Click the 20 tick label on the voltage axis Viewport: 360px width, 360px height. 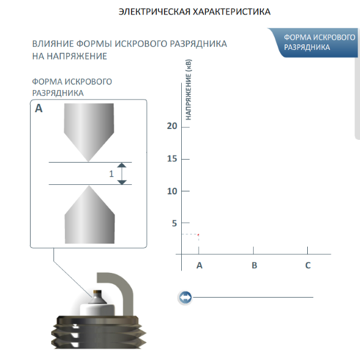pyautogui.click(x=172, y=126)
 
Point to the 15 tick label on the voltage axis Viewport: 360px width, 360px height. pyautogui.click(x=172, y=158)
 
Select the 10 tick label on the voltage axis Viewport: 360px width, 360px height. pyautogui.click(x=172, y=191)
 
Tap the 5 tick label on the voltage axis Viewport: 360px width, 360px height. pyautogui.click(x=174, y=223)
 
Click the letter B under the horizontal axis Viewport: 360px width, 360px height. pyautogui.click(x=254, y=265)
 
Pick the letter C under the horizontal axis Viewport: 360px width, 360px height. pyautogui.click(x=308, y=265)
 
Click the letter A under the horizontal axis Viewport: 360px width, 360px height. pyautogui.click(x=199, y=265)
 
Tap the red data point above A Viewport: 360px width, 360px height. pyautogui.click(x=198, y=235)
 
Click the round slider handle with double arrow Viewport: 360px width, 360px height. pyautogui.click(x=185, y=298)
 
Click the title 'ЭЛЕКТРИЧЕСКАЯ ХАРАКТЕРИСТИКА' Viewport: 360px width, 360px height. pyautogui.click(x=194, y=12)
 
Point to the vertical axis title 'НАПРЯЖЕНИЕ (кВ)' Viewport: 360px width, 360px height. pyautogui.click(x=188, y=89)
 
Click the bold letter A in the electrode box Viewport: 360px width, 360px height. pyautogui.click(x=38, y=109)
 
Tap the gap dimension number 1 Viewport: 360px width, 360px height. pyautogui.click(x=112, y=174)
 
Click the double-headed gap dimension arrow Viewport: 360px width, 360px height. pyautogui.click(x=122, y=173)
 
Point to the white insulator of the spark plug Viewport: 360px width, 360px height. pyautogui.click(x=97, y=310)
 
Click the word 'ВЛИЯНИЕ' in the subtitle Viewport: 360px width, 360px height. pyautogui.click(x=53, y=44)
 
